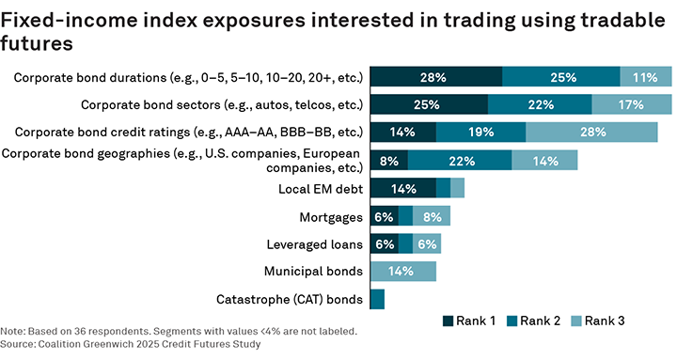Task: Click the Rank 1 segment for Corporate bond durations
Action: (436, 77)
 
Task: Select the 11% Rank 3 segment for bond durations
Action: (645, 77)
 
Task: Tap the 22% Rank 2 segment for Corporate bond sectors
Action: (540, 104)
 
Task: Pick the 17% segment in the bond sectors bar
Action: (631, 104)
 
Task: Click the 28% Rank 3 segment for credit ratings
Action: (591, 133)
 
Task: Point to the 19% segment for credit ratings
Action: (480, 133)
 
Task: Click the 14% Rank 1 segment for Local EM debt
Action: (403, 188)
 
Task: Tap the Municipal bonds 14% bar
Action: (403, 272)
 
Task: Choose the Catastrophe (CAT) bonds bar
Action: (377, 300)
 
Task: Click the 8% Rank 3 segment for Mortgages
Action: (432, 216)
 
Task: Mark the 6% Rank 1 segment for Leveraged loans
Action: (385, 244)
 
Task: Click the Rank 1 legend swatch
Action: (449, 321)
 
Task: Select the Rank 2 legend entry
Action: (530, 321)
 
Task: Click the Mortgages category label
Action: (331, 217)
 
